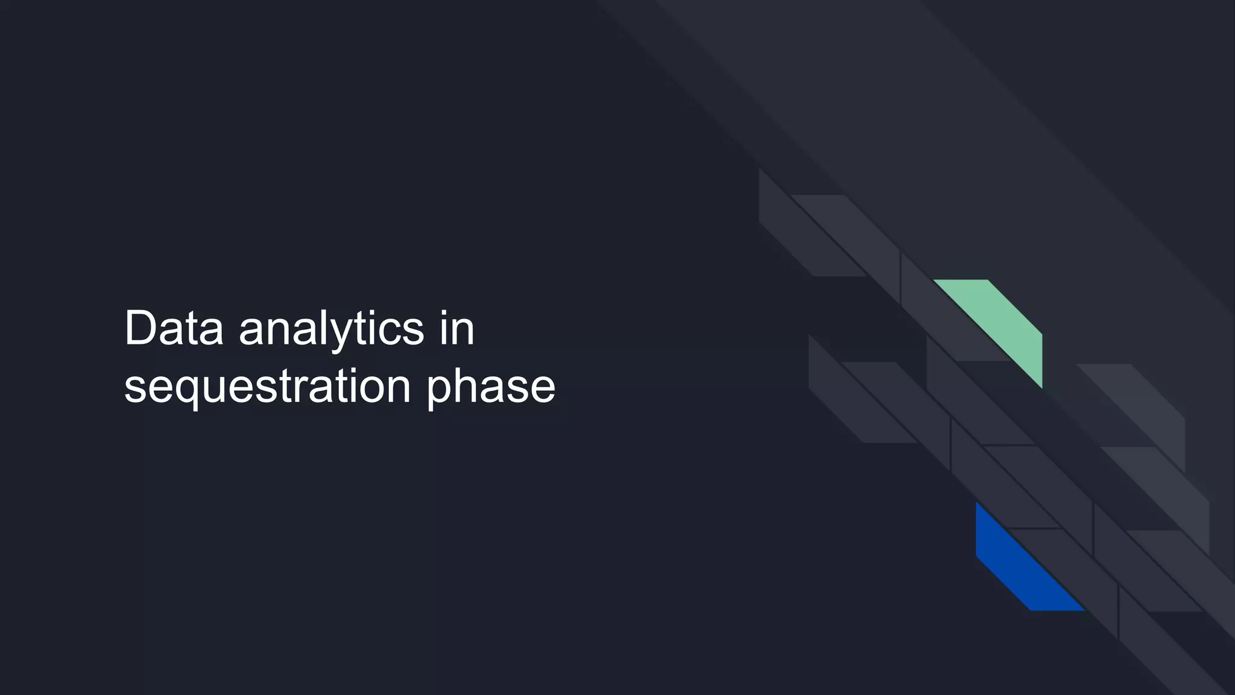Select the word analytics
331,329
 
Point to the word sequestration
267,386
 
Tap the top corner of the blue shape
977,503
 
